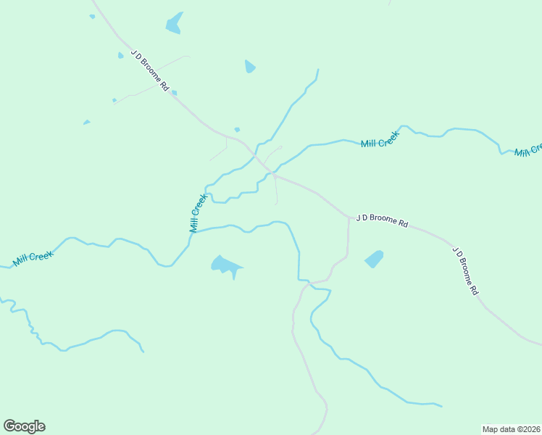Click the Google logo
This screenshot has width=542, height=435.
point(25,426)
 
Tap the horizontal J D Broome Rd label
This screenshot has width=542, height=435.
point(382,220)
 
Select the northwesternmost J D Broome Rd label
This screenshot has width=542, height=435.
point(150,70)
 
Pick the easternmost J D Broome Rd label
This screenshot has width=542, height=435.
point(465,270)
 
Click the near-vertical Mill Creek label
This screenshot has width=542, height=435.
point(199,212)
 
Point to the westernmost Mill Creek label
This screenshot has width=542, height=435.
point(33,258)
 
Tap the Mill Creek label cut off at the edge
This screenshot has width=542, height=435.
point(528,150)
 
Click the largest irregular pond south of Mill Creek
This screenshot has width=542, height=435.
point(225,265)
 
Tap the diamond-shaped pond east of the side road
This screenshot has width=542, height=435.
point(374,259)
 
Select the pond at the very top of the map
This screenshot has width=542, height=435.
point(174,23)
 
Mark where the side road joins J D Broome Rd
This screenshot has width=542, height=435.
point(349,216)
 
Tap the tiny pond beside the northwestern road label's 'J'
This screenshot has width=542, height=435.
point(121,55)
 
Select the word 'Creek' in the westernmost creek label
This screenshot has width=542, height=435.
point(43,255)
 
